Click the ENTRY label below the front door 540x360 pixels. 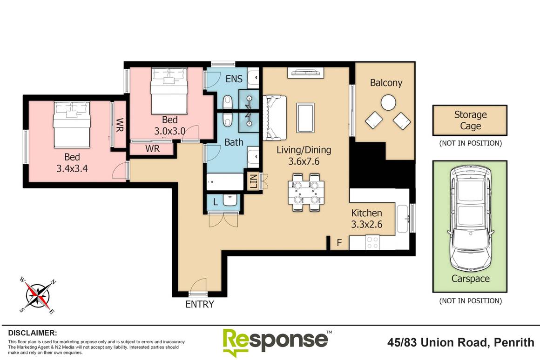point(200,305)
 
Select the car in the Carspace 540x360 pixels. point(470,222)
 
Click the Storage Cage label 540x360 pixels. point(470,120)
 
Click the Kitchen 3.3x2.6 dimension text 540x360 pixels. point(367,219)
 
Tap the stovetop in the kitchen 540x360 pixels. point(372,242)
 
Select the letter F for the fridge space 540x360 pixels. point(339,242)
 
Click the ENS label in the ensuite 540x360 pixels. point(234,79)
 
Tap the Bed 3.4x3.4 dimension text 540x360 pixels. point(72,163)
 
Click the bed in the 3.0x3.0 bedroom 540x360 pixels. point(169,91)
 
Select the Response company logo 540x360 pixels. point(275,342)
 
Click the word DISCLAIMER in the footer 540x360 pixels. point(33,333)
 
